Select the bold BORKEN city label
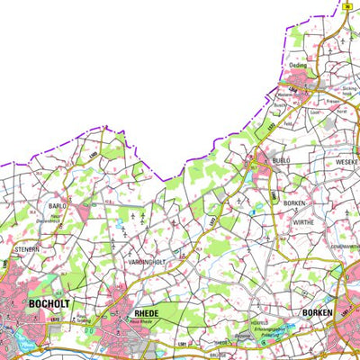(314, 312)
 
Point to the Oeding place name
(299, 66)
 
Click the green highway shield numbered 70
(346, 7)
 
